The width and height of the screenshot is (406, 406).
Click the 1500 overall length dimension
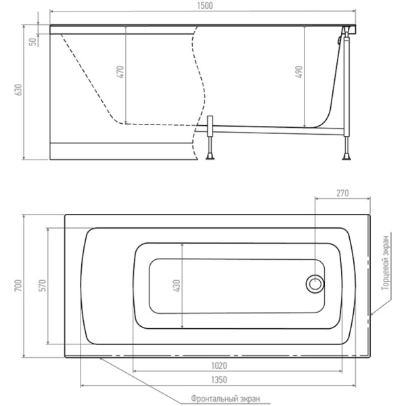(x=205, y=5)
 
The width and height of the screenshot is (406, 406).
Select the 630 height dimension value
(x=19, y=90)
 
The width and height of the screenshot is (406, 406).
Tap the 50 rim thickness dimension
(x=33, y=42)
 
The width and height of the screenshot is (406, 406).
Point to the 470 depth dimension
(x=121, y=72)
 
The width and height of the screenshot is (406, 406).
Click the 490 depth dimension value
(x=299, y=72)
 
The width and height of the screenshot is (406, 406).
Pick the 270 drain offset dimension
(x=342, y=193)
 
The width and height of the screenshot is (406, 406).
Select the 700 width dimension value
(x=18, y=286)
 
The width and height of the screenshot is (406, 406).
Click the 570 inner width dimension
(x=43, y=286)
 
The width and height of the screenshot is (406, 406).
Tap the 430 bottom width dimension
(x=177, y=286)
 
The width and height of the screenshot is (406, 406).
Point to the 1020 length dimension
(x=219, y=365)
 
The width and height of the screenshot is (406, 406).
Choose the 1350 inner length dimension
(x=219, y=380)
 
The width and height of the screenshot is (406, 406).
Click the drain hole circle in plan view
(x=315, y=284)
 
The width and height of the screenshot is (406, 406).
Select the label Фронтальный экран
(x=225, y=399)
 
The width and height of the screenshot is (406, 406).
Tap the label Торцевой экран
(x=386, y=263)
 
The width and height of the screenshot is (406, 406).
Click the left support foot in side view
(x=210, y=156)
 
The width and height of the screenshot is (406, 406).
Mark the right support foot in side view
(x=346, y=156)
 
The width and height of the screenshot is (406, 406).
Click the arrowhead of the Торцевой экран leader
(x=371, y=314)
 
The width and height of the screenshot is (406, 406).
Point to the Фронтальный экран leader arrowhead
(x=101, y=359)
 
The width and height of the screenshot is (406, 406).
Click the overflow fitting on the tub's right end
(x=339, y=41)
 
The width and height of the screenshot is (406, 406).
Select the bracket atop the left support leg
(x=210, y=125)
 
